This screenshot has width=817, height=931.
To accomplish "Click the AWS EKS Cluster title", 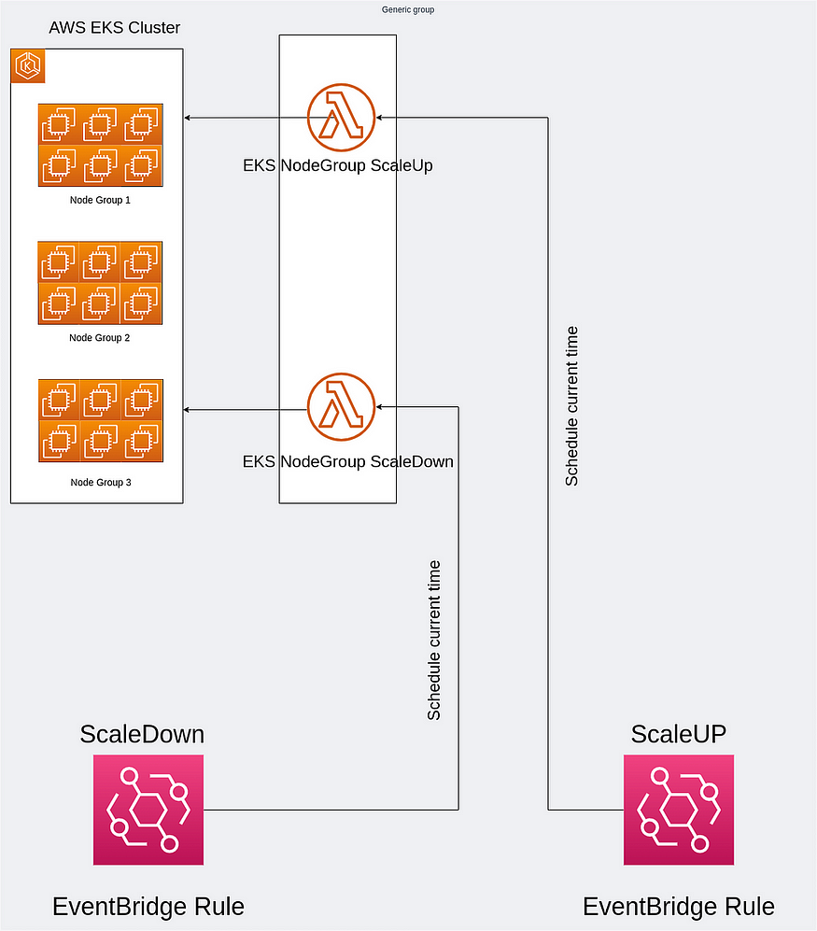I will (x=114, y=28).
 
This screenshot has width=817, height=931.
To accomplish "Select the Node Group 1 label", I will (x=99, y=200).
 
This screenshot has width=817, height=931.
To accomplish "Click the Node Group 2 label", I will (x=99, y=337).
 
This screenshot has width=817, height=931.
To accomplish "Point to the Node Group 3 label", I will (x=99, y=482).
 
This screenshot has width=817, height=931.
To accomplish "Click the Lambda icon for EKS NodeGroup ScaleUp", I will (x=341, y=118).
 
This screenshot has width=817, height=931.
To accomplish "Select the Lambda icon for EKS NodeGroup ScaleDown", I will (x=341, y=407).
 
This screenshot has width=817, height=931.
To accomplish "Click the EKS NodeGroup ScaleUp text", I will (x=337, y=166).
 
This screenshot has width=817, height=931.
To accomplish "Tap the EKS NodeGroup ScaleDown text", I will (x=347, y=461).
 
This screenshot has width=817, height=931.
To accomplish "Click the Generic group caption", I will (x=408, y=9).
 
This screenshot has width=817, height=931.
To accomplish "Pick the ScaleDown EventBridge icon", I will (x=148, y=810).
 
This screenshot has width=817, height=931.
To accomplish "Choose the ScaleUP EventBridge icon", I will (x=678, y=810).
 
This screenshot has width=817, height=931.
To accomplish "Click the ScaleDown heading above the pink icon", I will (x=142, y=734).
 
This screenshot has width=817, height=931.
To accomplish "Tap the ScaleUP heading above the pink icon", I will (x=678, y=734).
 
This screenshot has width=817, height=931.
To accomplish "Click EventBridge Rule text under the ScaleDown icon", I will (x=148, y=907).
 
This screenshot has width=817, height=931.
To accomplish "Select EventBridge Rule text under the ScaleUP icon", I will (x=678, y=907).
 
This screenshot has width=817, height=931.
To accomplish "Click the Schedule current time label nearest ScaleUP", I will (x=572, y=406).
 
